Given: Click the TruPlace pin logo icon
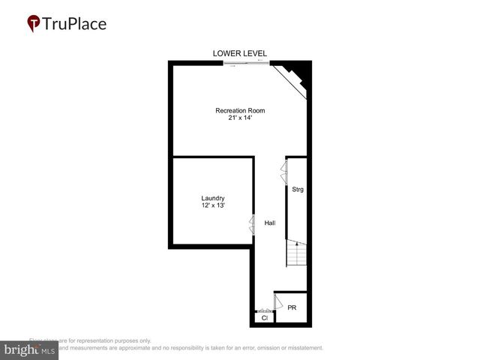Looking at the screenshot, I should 34,23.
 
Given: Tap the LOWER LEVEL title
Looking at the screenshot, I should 240,53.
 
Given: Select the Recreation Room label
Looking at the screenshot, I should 240,111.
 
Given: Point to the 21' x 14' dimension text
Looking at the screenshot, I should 240,118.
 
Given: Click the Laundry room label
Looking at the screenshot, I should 213,198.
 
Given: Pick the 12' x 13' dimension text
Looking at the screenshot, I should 213,205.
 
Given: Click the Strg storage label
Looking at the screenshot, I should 298,189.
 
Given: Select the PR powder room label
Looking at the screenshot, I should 292,307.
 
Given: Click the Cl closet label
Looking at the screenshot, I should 264,319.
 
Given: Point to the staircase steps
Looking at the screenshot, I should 297,255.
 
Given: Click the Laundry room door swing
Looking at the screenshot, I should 252,223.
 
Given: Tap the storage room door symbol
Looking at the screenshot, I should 283,170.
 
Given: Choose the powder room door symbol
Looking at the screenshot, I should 277,302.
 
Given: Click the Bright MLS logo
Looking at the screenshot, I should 29,350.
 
